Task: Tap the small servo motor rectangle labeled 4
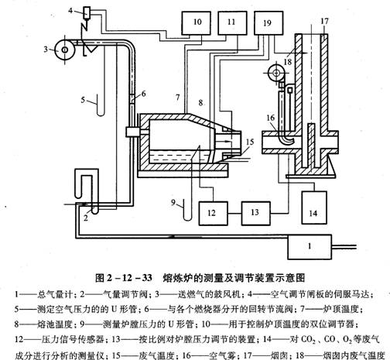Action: point(87,12)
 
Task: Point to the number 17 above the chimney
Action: point(324,21)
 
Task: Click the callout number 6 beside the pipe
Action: point(143,94)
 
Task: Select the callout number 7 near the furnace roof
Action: point(177,98)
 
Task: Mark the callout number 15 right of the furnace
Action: point(250,142)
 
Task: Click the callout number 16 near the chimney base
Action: point(271,118)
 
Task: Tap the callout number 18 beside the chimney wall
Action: point(287,62)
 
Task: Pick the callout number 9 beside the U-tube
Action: point(173,203)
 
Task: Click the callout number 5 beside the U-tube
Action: point(83,100)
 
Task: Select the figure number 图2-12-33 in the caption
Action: point(124,278)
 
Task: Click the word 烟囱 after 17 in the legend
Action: point(280,355)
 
